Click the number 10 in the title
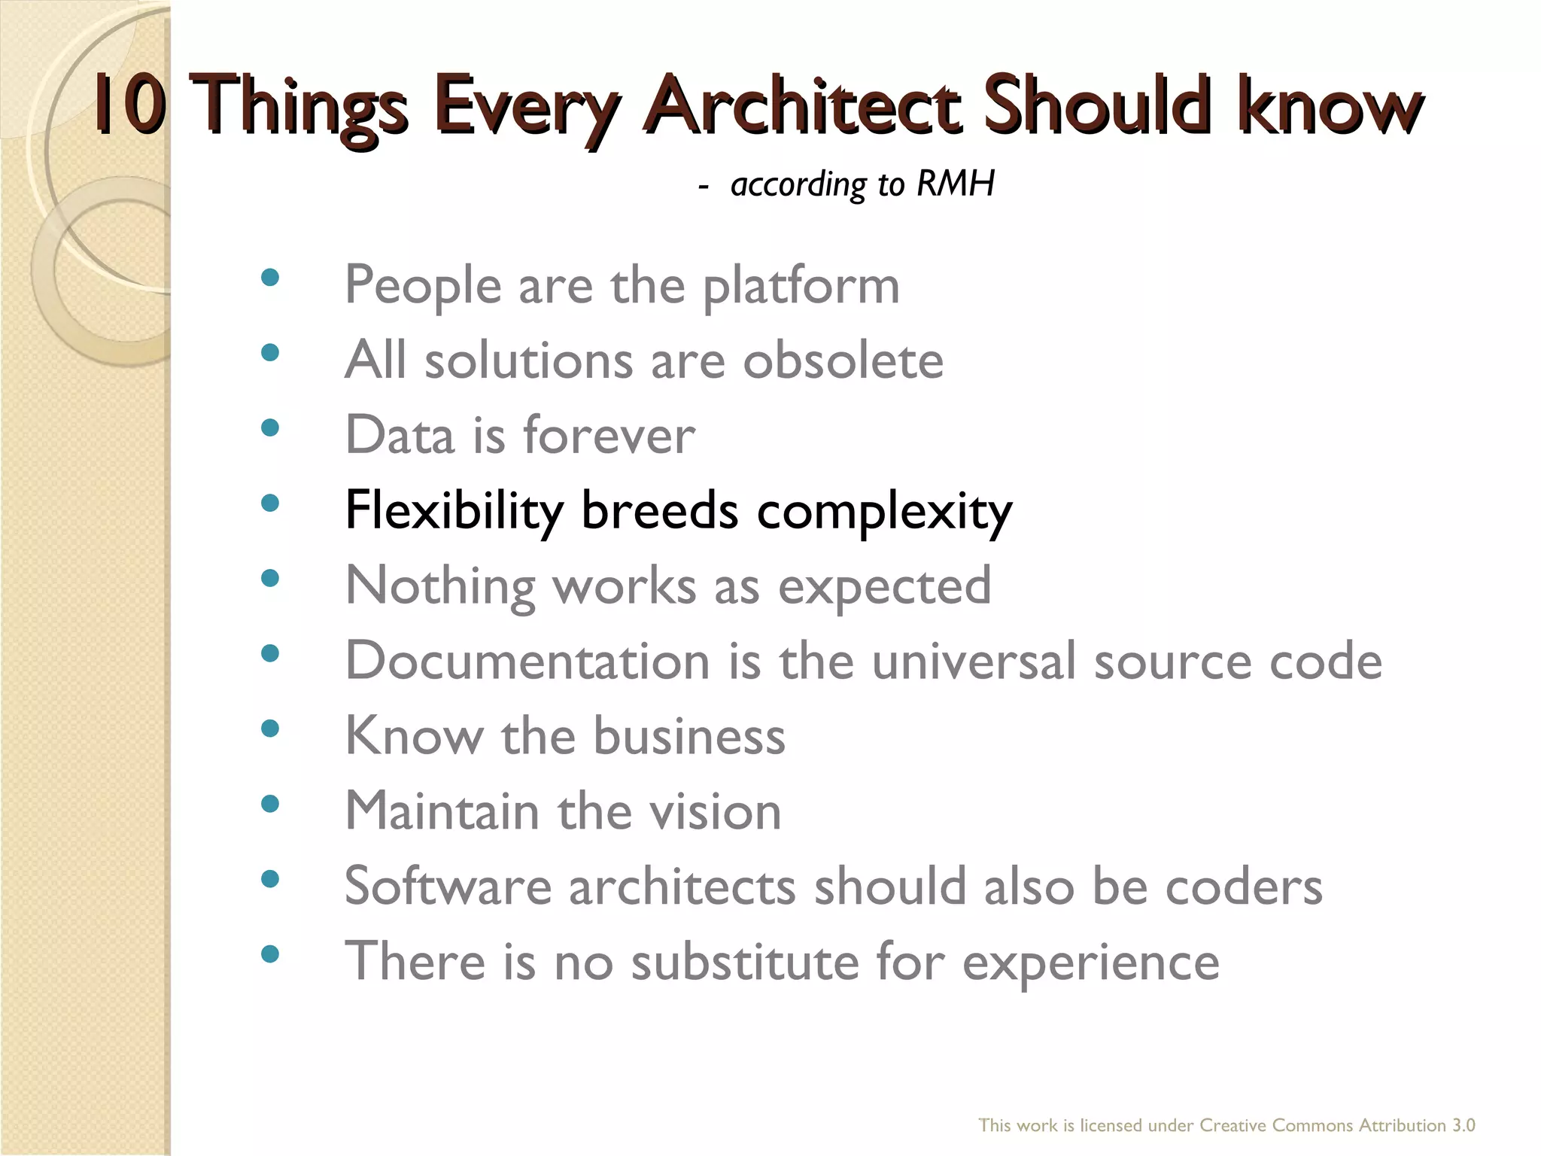[129, 106]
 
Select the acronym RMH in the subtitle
[956, 184]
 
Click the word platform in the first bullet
[801, 287]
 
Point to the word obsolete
[843, 360]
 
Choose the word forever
[609, 436]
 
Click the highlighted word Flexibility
[454, 512]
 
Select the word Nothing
[439, 586]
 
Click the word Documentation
[527, 661]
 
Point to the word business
[688, 736]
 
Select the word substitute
[744, 962]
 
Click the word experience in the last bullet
[1090, 963]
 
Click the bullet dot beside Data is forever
[269, 427]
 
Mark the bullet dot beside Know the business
[269, 728]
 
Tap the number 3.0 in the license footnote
[1463, 1125]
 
